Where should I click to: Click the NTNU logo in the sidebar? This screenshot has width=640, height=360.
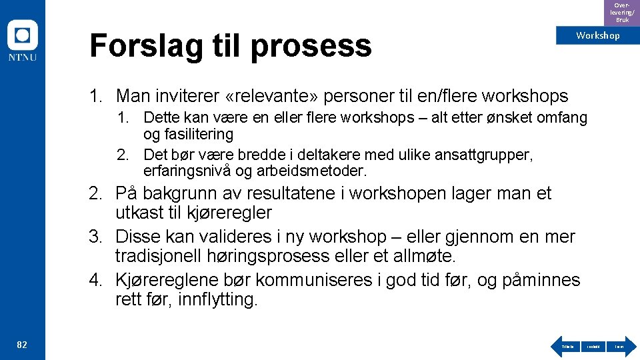tap(22, 41)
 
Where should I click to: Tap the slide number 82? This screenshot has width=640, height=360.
tap(22, 345)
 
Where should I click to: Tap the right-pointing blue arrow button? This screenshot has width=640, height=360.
tap(619, 346)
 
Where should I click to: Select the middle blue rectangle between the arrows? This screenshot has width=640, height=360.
tap(593, 346)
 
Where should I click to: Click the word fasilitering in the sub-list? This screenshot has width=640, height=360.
tap(189, 134)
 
